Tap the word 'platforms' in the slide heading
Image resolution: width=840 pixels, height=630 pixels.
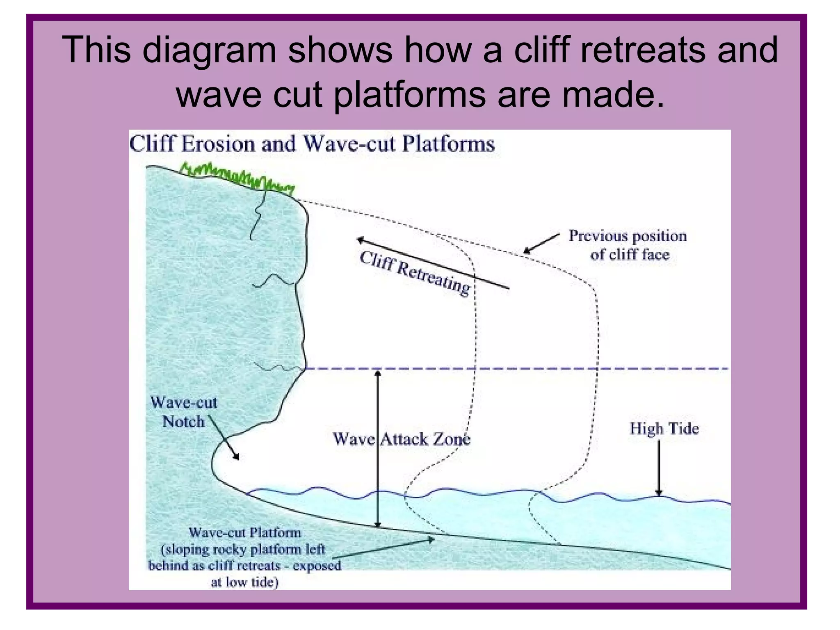pyautogui.click(x=411, y=95)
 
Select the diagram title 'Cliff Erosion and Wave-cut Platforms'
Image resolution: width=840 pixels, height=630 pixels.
pyautogui.click(x=312, y=144)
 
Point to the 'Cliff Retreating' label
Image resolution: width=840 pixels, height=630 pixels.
pyautogui.click(x=415, y=273)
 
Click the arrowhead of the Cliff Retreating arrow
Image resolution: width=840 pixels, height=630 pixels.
pyautogui.click(x=360, y=240)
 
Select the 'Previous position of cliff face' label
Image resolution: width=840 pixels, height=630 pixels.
pyautogui.click(x=628, y=245)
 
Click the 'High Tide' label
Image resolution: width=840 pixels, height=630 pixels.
pyautogui.click(x=664, y=429)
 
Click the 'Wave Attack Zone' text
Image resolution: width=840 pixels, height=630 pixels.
pyautogui.click(x=402, y=439)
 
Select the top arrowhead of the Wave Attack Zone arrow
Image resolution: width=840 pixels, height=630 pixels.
pyautogui.click(x=378, y=373)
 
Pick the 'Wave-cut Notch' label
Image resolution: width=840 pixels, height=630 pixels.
pyautogui.click(x=183, y=412)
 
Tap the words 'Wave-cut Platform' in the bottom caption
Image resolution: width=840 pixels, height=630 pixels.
pyautogui.click(x=245, y=533)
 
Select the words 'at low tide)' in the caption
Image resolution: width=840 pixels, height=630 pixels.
pyautogui.click(x=244, y=582)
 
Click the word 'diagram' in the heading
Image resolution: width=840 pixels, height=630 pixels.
pyautogui.click(x=209, y=50)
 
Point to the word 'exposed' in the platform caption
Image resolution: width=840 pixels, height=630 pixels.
pyautogui.click(x=317, y=566)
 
